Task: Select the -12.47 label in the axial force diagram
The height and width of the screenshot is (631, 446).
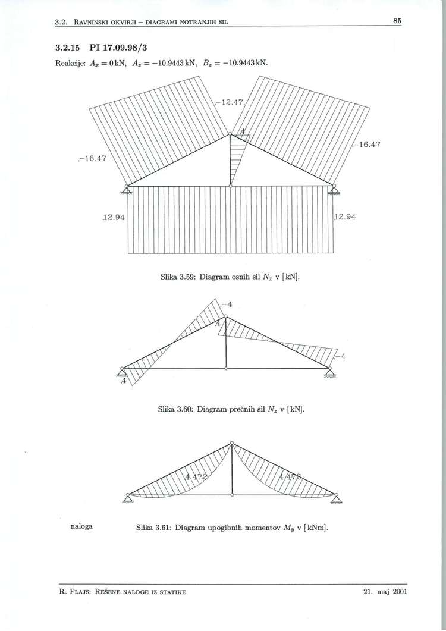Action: click(231, 103)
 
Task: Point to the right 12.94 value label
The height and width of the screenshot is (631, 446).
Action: click(346, 218)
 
